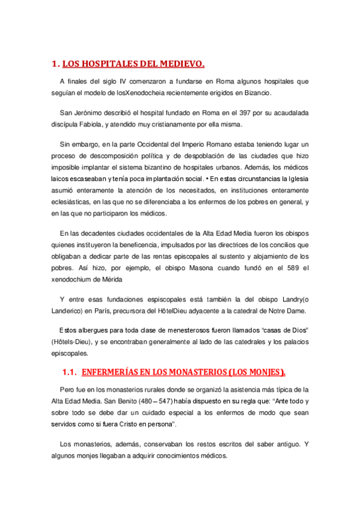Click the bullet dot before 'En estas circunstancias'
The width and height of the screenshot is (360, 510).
[207, 179]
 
